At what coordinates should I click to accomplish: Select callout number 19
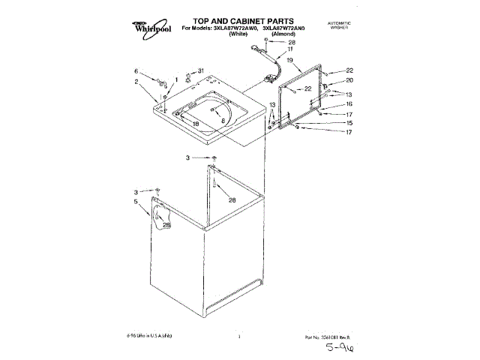coord(289,59)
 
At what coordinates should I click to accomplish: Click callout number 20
coord(348,80)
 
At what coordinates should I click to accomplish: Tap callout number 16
coord(348,104)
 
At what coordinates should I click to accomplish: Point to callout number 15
coord(348,122)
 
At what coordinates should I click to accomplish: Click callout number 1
coord(177,79)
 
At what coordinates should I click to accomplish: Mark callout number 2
coord(136,82)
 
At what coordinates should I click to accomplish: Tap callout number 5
coord(136,202)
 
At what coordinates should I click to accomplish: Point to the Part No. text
coord(325,337)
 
